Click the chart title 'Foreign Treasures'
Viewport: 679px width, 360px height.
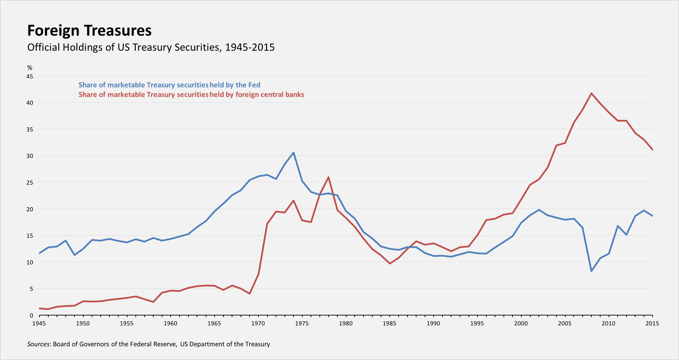click(x=89, y=30)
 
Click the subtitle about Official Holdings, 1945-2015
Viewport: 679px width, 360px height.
click(x=151, y=47)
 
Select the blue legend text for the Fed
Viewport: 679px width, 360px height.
click(x=169, y=85)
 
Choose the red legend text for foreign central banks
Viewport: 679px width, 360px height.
click(x=191, y=95)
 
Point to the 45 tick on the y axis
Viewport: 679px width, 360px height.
click(x=30, y=76)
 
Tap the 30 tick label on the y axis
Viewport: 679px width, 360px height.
click(x=30, y=156)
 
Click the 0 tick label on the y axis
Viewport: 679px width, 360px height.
click(x=32, y=315)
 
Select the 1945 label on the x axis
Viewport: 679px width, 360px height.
click(x=39, y=323)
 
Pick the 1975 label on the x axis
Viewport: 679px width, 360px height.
click(x=302, y=323)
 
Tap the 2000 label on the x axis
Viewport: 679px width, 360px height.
click(x=521, y=323)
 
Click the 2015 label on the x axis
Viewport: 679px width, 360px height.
click(x=652, y=323)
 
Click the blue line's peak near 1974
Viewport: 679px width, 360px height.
click(x=293, y=153)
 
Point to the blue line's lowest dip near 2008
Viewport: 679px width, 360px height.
click(x=592, y=271)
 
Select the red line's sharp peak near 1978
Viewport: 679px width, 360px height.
click(x=328, y=177)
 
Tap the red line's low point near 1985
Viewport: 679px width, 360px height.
click(x=390, y=263)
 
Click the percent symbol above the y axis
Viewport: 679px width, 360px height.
click(x=30, y=68)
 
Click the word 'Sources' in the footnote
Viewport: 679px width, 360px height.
click(x=38, y=344)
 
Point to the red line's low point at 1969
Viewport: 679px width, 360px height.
click(x=250, y=294)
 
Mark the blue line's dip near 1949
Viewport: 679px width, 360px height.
click(x=74, y=255)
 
